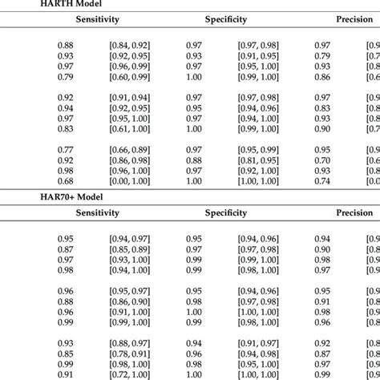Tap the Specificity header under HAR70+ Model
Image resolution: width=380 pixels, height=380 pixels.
(226, 213)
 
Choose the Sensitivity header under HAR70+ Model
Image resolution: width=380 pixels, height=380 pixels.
(97, 213)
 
